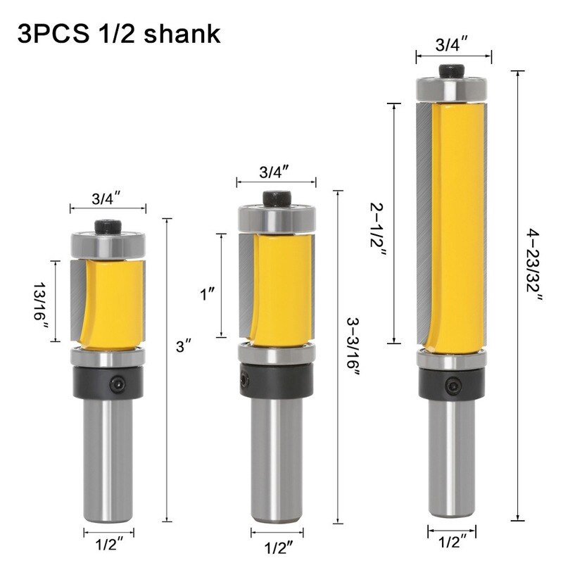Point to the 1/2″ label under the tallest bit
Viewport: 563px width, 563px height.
coord(450,542)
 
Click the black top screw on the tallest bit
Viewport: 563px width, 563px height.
coord(450,70)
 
